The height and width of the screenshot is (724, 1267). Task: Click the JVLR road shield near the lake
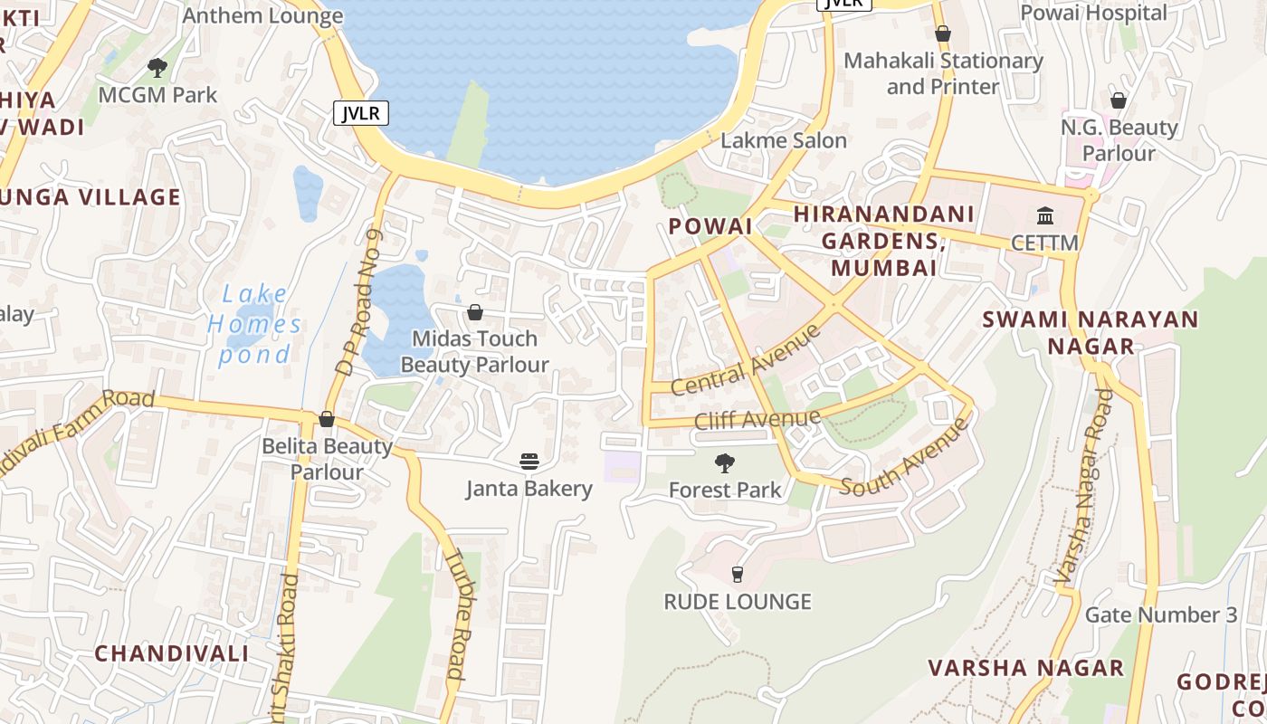tap(361, 113)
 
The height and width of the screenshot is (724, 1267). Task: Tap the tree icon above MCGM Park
tap(157, 67)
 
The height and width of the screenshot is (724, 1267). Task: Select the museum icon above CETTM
tap(1045, 215)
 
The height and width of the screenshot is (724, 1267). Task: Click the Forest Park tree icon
tap(724, 463)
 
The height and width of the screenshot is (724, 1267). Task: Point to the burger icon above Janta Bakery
tap(529, 462)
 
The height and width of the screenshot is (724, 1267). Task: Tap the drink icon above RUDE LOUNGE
tap(737, 574)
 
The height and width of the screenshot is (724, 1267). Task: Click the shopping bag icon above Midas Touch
tap(474, 312)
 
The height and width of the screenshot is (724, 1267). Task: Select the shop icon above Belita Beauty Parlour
tap(327, 419)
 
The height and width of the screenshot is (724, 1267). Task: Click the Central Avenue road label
tap(746, 360)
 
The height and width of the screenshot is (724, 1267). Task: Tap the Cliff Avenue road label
tap(757, 419)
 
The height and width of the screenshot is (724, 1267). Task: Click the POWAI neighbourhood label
tap(710, 226)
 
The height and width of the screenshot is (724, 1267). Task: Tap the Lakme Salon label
tap(783, 140)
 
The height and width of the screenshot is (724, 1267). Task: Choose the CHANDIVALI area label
tap(171, 653)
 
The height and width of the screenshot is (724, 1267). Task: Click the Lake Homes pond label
tap(254, 323)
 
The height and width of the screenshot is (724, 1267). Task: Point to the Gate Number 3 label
tap(1160, 615)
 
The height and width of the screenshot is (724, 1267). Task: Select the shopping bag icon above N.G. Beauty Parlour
tap(1119, 100)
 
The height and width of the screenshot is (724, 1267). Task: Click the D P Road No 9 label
tap(358, 302)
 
